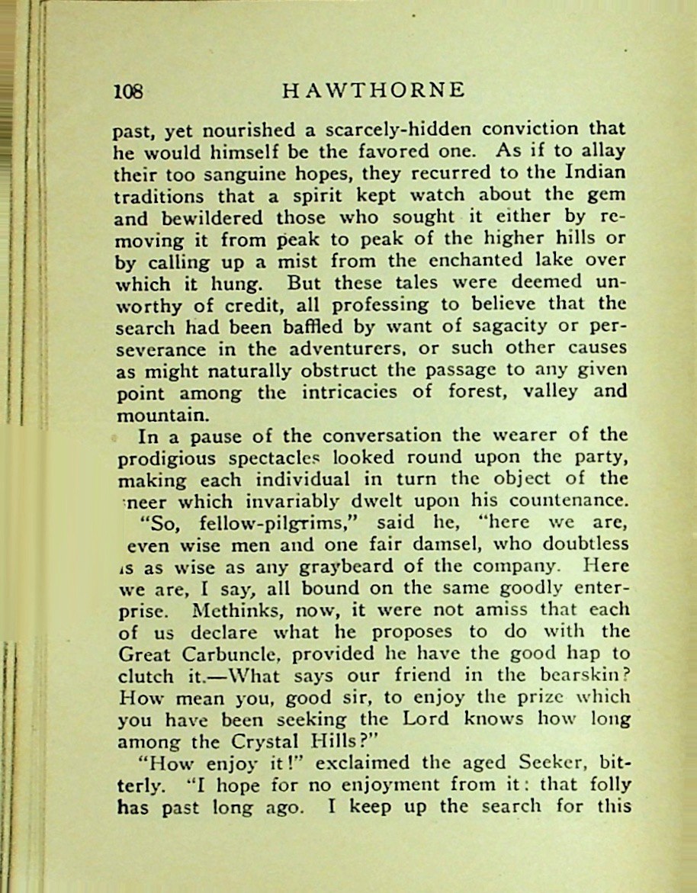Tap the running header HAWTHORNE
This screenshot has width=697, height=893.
point(373,91)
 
